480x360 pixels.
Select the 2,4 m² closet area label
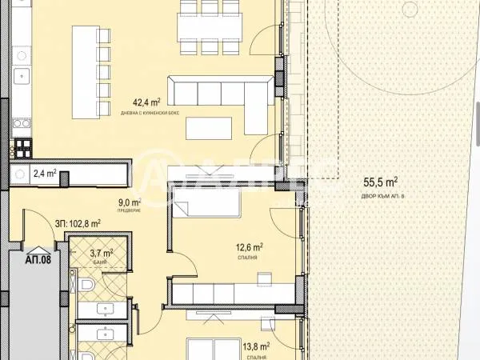(43, 172)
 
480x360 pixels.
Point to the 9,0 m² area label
(130, 203)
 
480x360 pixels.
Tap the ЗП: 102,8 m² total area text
(78, 224)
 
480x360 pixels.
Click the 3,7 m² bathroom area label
(100, 253)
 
